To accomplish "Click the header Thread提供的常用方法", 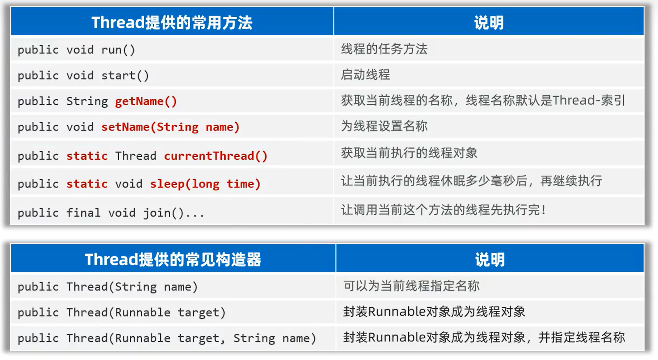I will pos(172,23).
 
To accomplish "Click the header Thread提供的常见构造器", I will pos(173,259).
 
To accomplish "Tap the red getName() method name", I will pos(146,101).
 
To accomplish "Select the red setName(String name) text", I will pos(170,127).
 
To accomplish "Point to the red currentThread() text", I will pos(216,156).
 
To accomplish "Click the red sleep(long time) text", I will pos(205,184).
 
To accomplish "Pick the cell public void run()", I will pos(76,50).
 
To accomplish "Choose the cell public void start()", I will pos(83,76).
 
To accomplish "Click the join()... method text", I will pos(173,213).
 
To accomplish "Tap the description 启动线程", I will pos(365,75).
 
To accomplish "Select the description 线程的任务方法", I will pos(384,49).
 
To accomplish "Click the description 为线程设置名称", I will pos(384,126).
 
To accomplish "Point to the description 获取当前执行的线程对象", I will pos(409,153).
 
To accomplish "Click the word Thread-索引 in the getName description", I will pos(589,100).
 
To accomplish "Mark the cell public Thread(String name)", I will pos(108,287).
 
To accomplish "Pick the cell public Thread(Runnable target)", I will pos(122,312).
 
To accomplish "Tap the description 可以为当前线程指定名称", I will pos(411,286).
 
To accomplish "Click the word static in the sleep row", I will pos(87,184).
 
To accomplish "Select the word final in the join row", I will pos(83,213).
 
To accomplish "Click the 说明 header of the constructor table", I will pos(489,259).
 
